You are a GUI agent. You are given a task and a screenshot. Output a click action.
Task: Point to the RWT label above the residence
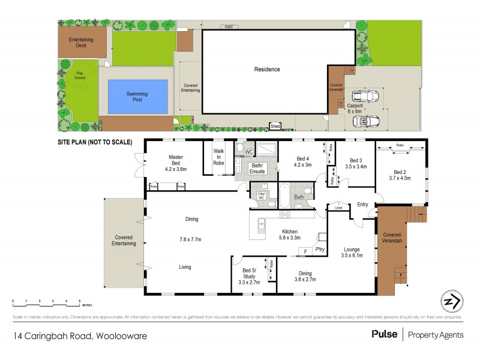pyautogui.click(x=228, y=27)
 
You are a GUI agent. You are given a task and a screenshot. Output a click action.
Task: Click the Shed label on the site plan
pyautogui.click(x=275, y=127)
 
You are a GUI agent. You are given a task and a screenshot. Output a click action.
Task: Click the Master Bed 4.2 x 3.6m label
pyautogui.click(x=176, y=163)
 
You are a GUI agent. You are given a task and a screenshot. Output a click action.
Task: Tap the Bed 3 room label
pyautogui.click(x=356, y=160)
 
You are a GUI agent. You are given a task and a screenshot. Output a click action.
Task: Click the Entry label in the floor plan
pyautogui.click(x=362, y=205)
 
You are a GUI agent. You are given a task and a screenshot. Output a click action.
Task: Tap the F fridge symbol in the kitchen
pyautogui.click(x=305, y=250)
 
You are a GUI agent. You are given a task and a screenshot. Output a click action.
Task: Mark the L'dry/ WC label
pyautogui.click(x=261, y=197)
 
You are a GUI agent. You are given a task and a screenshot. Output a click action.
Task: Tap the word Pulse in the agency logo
pyautogui.click(x=384, y=334)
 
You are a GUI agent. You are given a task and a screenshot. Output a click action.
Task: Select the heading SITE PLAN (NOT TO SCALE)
pyautogui.click(x=95, y=142)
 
